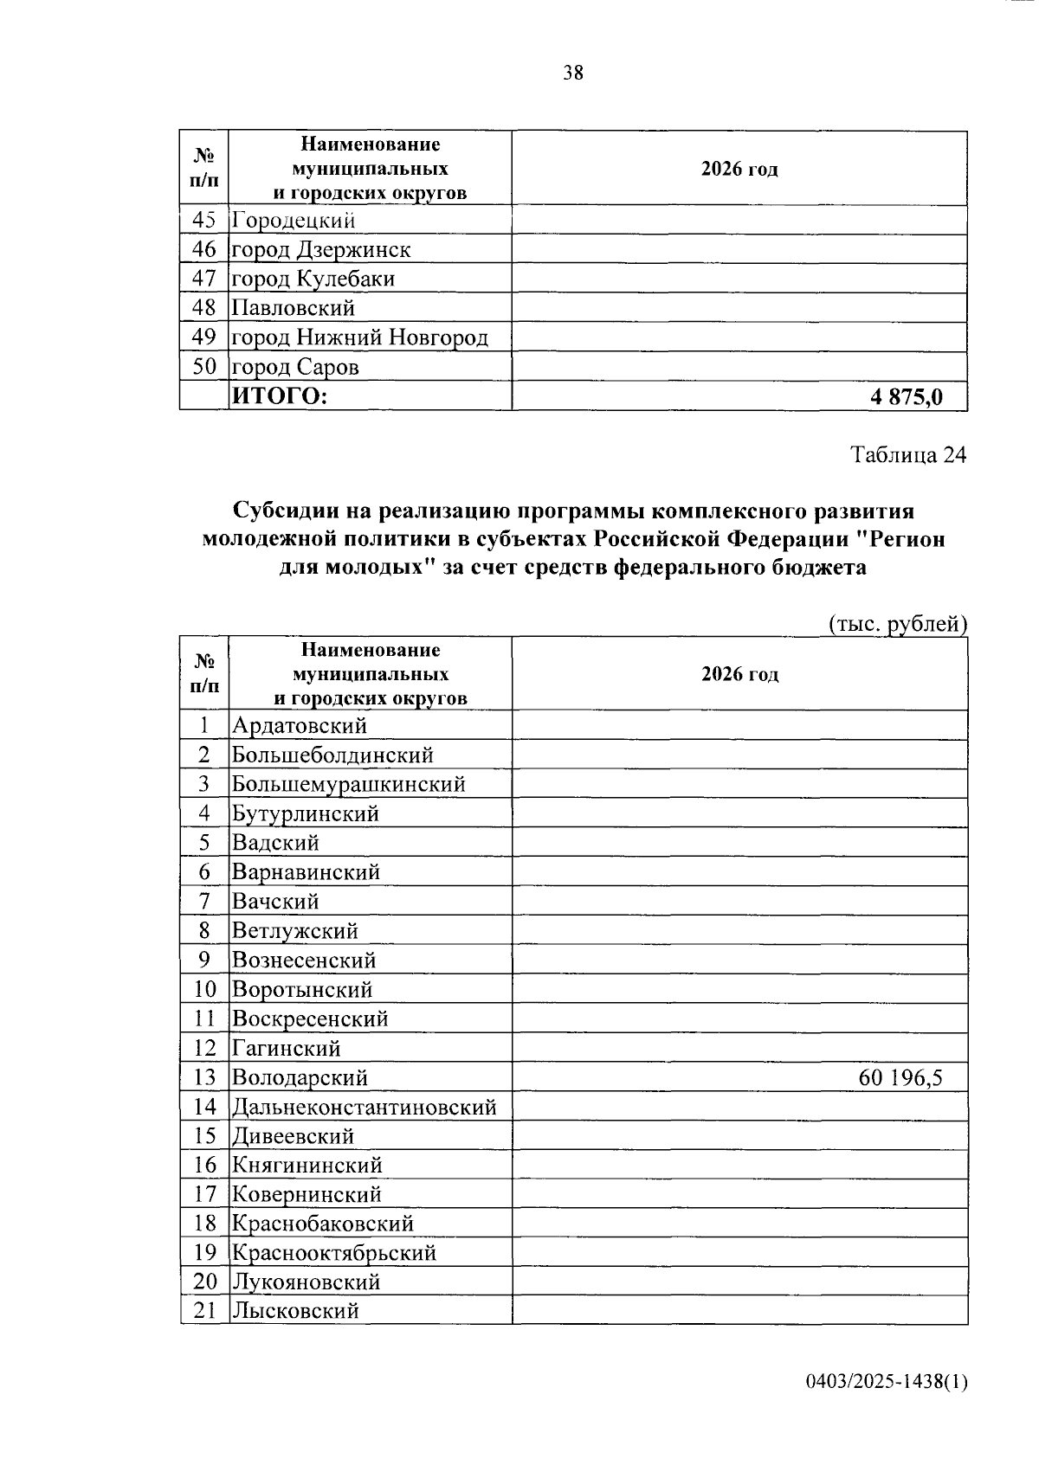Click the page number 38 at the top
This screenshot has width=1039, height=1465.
[573, 73]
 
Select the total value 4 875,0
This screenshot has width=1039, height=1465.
[906, 397]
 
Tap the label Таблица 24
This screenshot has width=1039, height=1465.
[907, 455]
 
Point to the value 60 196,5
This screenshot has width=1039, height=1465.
[900, 1077]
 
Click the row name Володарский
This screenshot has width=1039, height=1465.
[300, 1077]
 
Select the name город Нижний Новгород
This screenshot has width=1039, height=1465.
[360, 337]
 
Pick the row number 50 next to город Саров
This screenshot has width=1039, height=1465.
[204, 367]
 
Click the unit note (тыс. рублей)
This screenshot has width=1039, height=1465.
[897, 624]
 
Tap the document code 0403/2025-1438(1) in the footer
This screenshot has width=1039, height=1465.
[886, 1382]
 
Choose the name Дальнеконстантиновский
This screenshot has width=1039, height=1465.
[365, 1107]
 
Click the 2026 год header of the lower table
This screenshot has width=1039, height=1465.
[739, 674]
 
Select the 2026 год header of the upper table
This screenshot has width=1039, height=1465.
[739, 169]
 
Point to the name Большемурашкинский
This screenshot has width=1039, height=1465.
[349, 784]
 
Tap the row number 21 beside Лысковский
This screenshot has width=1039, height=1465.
[204, 1310]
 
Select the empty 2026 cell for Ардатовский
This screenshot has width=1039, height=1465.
[739, 725]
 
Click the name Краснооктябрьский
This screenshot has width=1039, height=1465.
[334, 1252]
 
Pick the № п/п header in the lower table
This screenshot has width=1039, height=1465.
[204, 674]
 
